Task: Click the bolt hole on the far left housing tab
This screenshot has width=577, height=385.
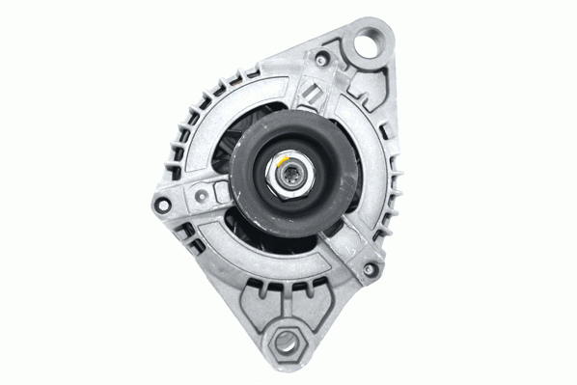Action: (162, 204)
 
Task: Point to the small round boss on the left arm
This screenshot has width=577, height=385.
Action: (200, 197)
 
